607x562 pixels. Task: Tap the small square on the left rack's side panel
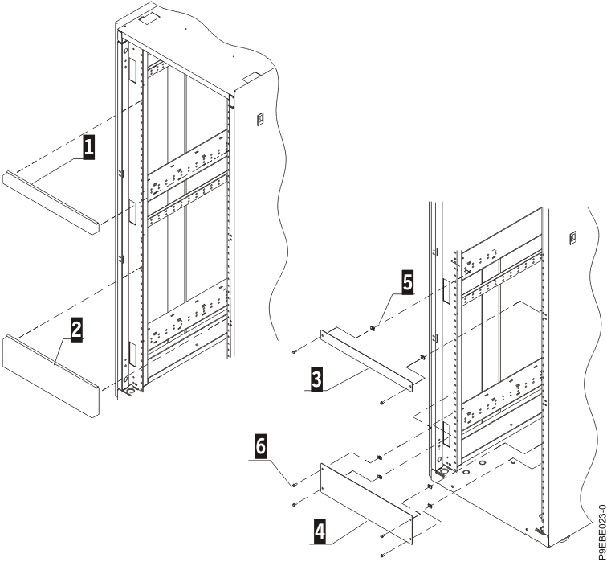click(259, 120)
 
